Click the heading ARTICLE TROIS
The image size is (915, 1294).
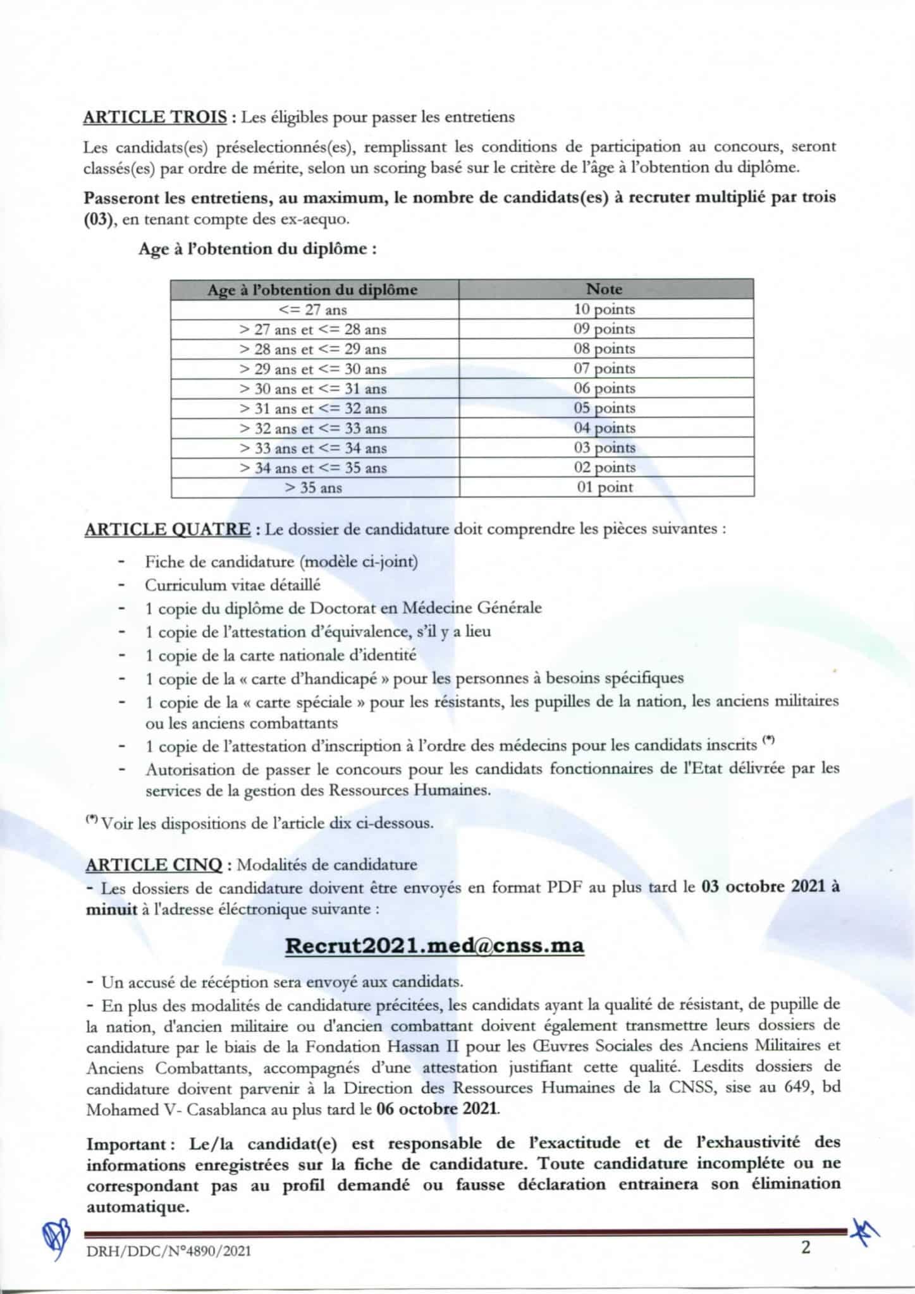(156, 117)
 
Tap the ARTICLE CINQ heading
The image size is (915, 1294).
(154, 864)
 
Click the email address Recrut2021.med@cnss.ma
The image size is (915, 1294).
(434, 945)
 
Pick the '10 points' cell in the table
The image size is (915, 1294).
(605, 309)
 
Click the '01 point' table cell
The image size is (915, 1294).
(605, 487)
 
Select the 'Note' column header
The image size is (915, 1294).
(605, 289)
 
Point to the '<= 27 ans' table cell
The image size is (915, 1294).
(313, 310)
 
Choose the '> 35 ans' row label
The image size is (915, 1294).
(313, 488)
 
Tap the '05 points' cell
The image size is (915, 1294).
(605, 408)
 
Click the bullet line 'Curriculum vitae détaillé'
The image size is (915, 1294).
(233, 585)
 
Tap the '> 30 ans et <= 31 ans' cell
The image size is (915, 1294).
(313, 389)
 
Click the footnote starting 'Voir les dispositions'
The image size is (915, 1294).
(266, 824)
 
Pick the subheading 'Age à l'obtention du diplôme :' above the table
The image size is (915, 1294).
(258, 249)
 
